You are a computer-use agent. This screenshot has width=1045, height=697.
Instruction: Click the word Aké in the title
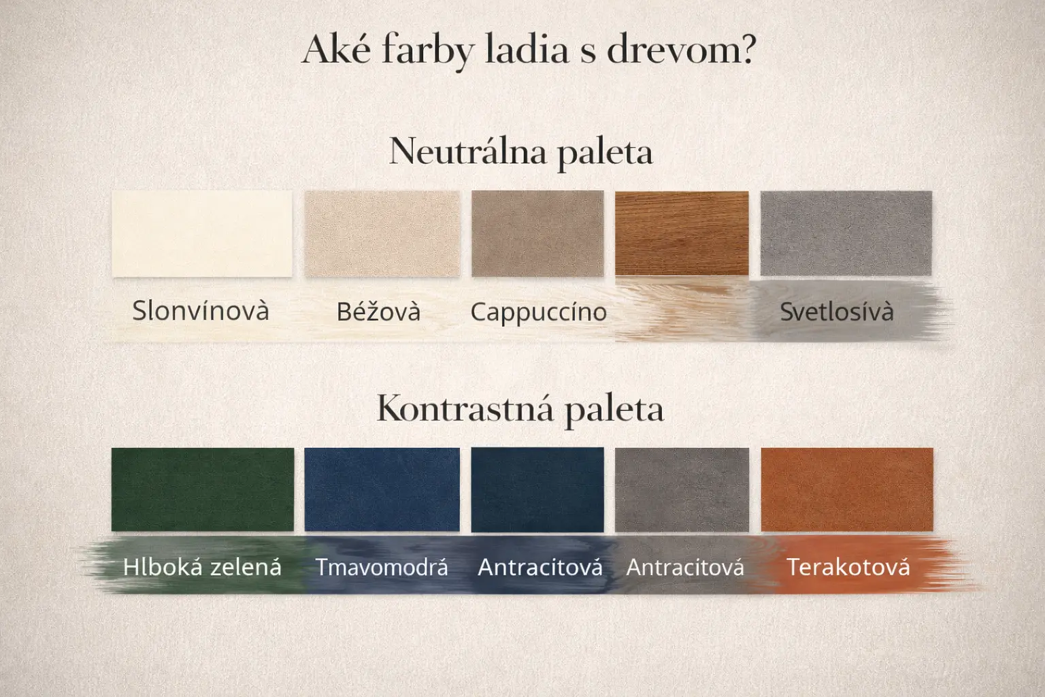pyautogui.click(x=336, y=50)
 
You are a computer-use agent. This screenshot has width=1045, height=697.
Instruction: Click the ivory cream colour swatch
pyautogui.click(x=202, y=233)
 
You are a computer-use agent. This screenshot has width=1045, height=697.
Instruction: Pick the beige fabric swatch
pyautogui.click(x=382, y=233)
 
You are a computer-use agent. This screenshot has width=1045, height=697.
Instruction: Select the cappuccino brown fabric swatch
pyautogui.click(x=537, y=233)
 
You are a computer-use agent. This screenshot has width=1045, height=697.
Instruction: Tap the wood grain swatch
pyautogui.click(x=682, y=233)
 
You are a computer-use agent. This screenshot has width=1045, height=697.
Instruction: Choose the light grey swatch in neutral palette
pyautogui.click(x=846, y=233)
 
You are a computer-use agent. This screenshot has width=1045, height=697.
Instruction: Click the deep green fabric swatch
pyautogui.click(x=203, y=489)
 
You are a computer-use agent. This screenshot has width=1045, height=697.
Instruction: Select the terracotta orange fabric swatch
pyautogui.click(x=847, y=489)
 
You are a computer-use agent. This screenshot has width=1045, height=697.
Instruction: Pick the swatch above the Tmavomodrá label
pyautogui.click(x=382, y=489)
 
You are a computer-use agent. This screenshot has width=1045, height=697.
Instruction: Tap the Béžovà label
pyautogui.click(x=378, y=311)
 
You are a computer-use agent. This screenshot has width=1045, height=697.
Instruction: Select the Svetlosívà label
pyautogui.click(x=837, y=311)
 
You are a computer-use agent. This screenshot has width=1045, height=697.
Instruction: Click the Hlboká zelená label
pyautogui.click(x=202, y=567)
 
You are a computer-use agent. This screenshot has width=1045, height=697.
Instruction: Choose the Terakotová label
pyautogui.click(x=848, y=567)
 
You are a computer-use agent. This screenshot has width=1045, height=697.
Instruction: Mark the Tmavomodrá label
pyautogui.click(x=382, y=567)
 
